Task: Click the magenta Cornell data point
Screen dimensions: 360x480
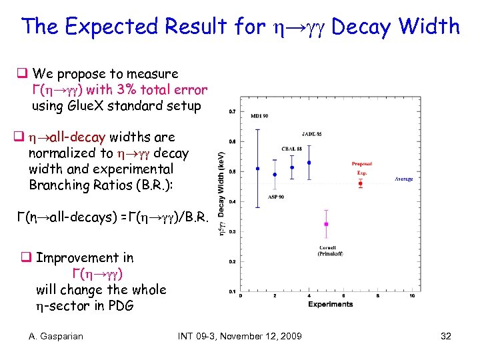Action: (326, 224)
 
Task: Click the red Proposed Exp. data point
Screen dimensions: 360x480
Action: (361, 183)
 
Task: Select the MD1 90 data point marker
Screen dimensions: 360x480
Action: (258, 169)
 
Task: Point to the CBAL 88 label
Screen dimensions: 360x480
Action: (291, 148)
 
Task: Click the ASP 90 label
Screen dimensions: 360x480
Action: (276, 197)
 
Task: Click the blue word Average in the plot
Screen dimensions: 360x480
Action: (403, 179)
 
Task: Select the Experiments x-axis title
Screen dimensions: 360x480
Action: (331, 304)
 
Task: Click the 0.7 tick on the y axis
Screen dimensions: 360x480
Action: (231, 111)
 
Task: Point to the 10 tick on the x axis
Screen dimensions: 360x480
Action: (413, 296)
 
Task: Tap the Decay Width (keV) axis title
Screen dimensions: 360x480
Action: (222, 190)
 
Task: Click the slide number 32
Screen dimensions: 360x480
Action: (446, 336)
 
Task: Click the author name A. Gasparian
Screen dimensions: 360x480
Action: (56, 336)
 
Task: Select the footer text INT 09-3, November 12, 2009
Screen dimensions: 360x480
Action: (240, 336)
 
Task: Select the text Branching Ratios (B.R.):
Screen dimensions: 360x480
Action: (101, 185)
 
